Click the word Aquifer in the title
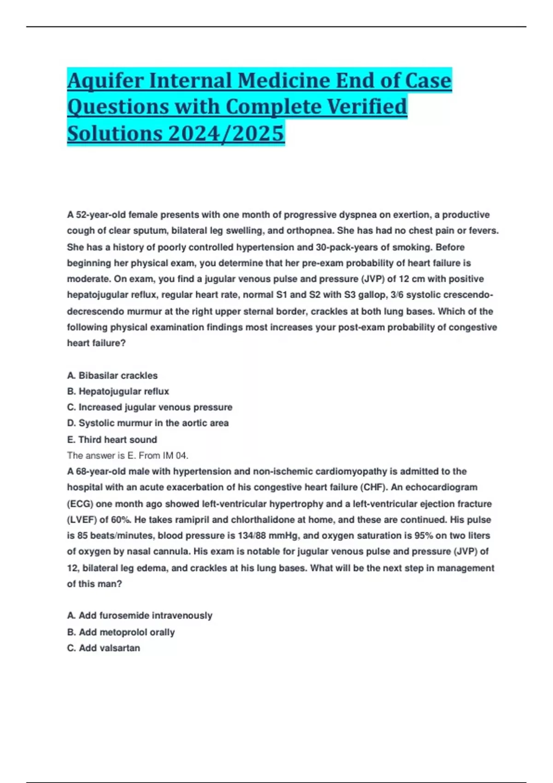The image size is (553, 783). click(x=104, y=81)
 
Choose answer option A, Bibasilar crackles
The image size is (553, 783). click(x=112, y=375)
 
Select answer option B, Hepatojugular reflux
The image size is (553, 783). click(x=118, y=391)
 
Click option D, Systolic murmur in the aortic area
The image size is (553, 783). click(x=148, y=423)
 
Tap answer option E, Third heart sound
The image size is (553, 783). click(x=112, y=439)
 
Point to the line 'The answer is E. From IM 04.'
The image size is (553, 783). click(x=128, y=456)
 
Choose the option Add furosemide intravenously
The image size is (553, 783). click(x=140, y=616)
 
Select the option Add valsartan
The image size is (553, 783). click(x=104, y=648)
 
